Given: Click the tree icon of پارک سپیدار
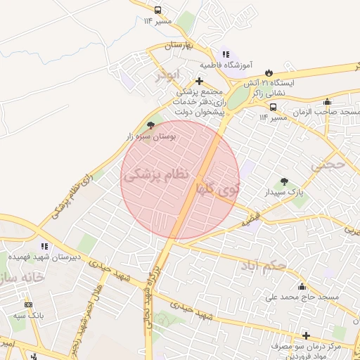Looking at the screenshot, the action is (284, 181).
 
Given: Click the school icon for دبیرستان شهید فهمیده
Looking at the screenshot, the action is (45, 247).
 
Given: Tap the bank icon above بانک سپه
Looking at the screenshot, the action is (28, 304).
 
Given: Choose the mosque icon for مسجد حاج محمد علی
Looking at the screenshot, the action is (302, 286).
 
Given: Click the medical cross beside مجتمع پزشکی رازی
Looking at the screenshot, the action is (200, 81).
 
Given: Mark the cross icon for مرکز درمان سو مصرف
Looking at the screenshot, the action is (306, 336).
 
